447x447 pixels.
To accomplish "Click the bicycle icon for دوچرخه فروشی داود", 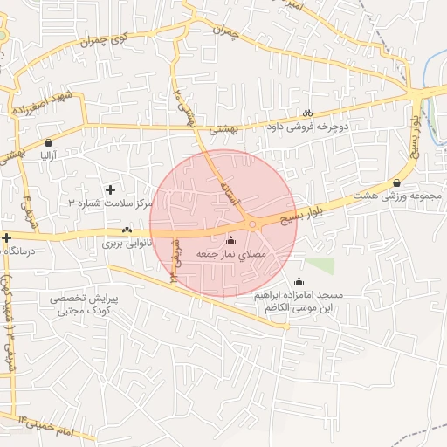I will pyautogui.click(x=307, y=112).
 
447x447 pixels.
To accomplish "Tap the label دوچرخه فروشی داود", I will pyautogui.click(x=306, y=127).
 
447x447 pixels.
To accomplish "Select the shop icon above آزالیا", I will pyautogui.click(x=47, y=141).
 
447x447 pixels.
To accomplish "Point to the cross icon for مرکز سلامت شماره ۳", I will pyautogui.click(x=110, y=189).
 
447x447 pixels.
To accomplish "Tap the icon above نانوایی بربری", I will pyautogui.click(x=127, y=230).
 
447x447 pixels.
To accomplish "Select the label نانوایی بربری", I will pyautogui.click(x=127, y=244).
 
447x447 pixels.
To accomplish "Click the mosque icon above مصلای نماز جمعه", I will pyautogui.click(x=230, y=240).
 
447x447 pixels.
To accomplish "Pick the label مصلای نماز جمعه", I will pyautogui.click(x=230, y=253).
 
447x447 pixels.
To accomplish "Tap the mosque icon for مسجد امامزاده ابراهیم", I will pyautogui.click(x=299, y=281).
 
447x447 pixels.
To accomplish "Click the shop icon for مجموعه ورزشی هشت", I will pyautogui.click(x=397, y=182).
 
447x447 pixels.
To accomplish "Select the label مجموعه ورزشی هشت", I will pyautogui.click(x=397, y=196).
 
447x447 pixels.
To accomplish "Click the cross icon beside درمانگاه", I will pyautogui.click(x=6, y=237).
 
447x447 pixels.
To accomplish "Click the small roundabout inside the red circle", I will pyautogui.click(x=252, y=225).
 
